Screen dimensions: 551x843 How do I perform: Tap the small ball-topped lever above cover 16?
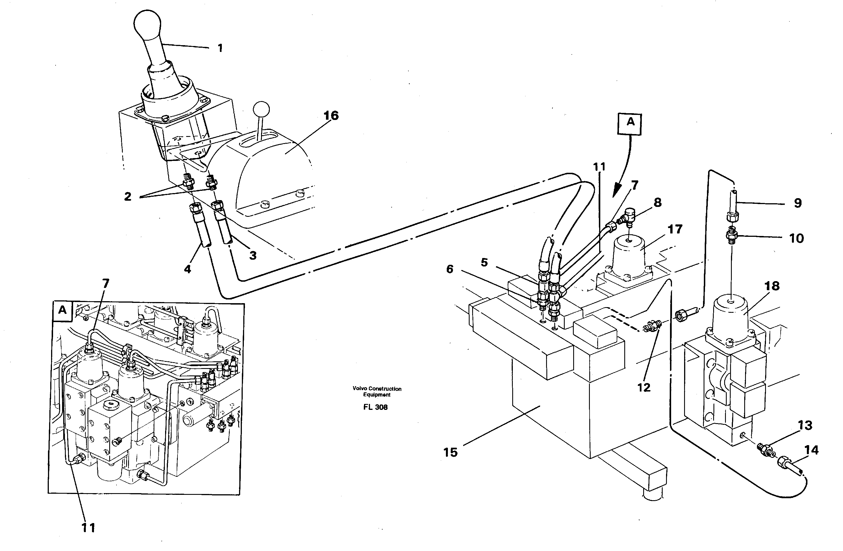pos(262,108)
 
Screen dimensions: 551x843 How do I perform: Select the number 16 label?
pos(331,115)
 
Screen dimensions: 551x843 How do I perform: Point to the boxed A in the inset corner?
pos(62,311)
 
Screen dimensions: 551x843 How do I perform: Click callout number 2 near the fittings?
pos(128,196)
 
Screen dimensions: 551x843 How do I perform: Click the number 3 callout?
pos(253,255)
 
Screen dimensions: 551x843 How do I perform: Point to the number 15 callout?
pos(450,452)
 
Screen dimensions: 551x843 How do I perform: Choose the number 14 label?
pos(811,450)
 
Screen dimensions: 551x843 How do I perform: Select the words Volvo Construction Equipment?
pos(376,392)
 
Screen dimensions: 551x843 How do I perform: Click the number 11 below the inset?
pos(88,528)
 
